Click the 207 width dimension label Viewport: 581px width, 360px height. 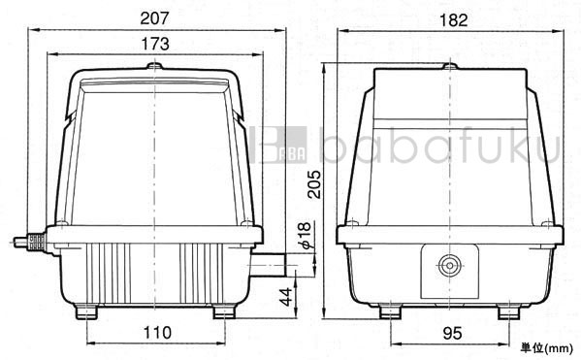pyautogui.click(x=155, y=16)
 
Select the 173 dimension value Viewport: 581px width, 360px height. pyautogui.click(x=155, y=44)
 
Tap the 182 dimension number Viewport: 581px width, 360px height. pyautogui.click(x=449, y=17)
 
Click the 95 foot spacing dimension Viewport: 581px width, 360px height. pyautogui.click(x=449, y=332)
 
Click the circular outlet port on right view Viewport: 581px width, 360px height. pyautogui.click(x=449, y=264)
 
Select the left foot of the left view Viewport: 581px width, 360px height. pyautogui.click(x=87, y=311)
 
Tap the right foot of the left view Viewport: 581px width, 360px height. pyautogui.click(x=223, y=311)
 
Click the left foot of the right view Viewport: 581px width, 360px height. pyautogui.click(x=391, y=311)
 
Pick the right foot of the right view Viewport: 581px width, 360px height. pyautogui.click(x=507, y=311)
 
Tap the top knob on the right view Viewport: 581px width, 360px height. pyautogui.click(x=449, y=66)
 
